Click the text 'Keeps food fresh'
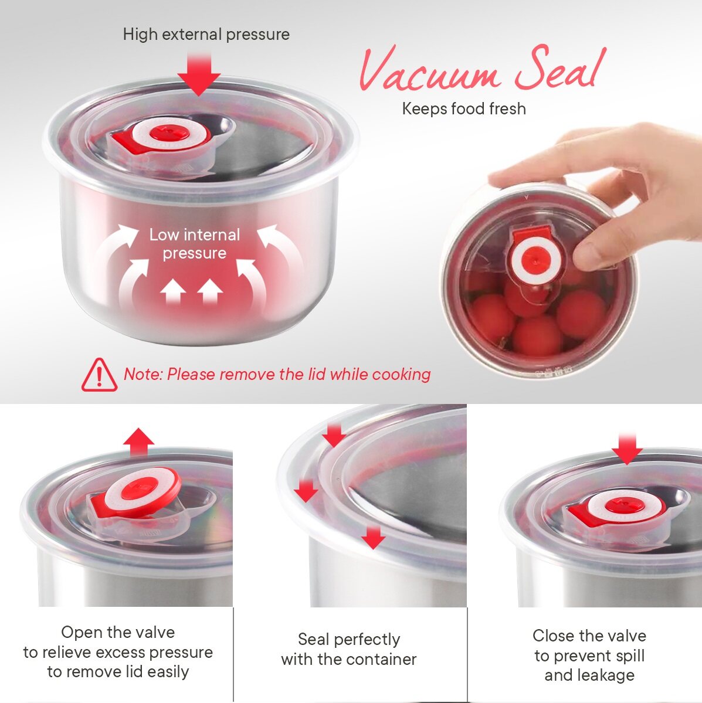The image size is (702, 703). [464, 109]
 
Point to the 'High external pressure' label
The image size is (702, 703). [206, 35]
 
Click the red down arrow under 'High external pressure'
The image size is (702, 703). [199, 74]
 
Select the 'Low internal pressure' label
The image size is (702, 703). [195, 244]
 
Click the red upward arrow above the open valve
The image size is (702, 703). [138, 442]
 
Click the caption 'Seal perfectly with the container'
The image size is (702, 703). [349, 649]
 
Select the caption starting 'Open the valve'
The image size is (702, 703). [118, 652]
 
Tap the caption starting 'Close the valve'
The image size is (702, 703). [589, 655]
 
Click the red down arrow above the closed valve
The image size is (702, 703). [627, 449]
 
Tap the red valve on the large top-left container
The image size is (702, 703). [160, 134]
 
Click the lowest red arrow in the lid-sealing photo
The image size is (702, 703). [373, 537]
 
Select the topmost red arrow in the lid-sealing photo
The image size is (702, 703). [334, 435]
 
